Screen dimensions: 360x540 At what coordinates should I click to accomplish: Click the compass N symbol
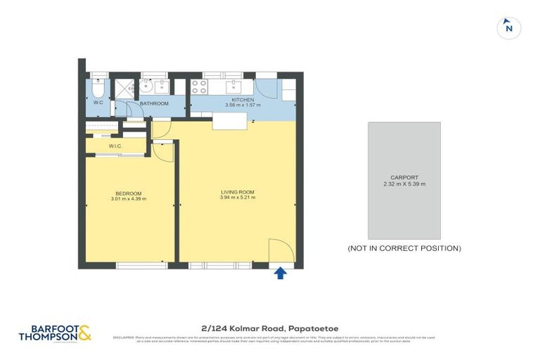pyautogui.click(x=509, y=28)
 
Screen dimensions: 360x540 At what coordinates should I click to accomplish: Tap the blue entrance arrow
pyautogui.click(x=280, y=273)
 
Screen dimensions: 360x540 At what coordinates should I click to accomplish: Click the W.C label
pyautogui.click(x=98, y=103)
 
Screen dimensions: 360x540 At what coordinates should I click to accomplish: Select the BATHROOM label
pyautogui.click(x=154, y=103)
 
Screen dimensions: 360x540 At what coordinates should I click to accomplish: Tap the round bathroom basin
pyautogui.click(x=147, y=87)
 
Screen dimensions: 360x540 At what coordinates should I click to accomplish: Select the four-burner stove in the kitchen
pyautogui.click(x=199, y=87)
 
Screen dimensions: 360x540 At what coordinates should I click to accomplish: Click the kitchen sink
pyautogui.click(x=233, y=87)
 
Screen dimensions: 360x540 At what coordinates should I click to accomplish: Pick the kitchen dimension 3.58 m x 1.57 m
pyautogui.click(x=243, y=105)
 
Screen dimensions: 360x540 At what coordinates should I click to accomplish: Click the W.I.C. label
pyautogui.click(x=116, y=146)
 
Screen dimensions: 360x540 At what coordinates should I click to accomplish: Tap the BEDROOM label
pyautogui.click(x=129, y=194)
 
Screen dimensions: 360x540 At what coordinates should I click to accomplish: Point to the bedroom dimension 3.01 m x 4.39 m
pyautogui.click(x=129, y=200)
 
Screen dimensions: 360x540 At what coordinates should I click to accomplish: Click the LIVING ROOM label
pyautogui.click(x=238, y=192)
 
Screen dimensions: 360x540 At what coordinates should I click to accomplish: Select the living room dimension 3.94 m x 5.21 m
pyautogui.click(x=238, y=198)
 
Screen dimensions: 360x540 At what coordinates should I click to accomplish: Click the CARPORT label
pyautogui.click(x=404, y=178)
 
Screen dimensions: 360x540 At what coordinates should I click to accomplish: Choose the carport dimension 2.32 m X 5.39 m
pyautogui.click(x=404, y=184)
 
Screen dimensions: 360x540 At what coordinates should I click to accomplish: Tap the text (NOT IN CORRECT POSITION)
pyautogui.click(x=404, y=248)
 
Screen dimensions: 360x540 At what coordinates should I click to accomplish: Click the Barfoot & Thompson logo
pyautogui.click(x=55, y=333)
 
